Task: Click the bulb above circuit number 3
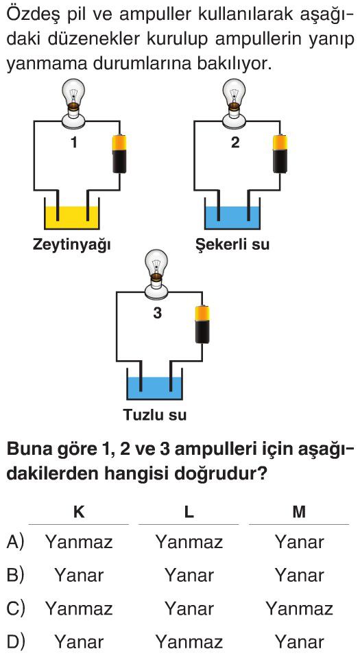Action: (x=156, y=272)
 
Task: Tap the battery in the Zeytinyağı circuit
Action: (x=119, y=154)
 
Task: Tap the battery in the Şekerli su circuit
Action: (x=280, y=154)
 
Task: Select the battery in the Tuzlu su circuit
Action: (x=202, y=324)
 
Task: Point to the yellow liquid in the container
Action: (x=72, y=217)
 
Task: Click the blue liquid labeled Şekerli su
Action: (x=232, y=217)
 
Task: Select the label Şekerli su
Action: (x=232, y=244)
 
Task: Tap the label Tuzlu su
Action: (x=155, y=415)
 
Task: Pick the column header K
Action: (x=79, y=512)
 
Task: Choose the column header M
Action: (x=299, y=512)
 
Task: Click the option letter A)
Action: (x=16, y=542)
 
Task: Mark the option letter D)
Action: (x=16, y=642)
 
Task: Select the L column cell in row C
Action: (x=189, y=608)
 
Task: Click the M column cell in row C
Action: (x=299, y=608)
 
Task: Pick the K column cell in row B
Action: (x=79, y=576)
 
